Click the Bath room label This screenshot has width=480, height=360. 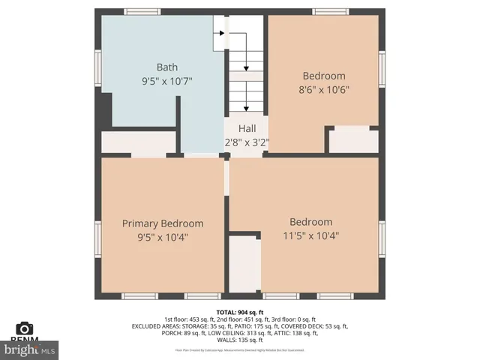coord(167,67)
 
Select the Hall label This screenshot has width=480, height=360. coord(247,129)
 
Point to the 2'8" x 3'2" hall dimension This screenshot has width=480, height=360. coord(247,142)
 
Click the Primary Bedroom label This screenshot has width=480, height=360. coord(163,223)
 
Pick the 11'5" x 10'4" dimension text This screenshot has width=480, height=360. coord(310,235)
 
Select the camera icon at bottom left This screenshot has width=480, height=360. coord(25,328)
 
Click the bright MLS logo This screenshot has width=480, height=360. coord(30,349)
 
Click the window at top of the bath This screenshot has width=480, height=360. coord(142,11)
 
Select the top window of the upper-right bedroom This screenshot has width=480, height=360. coord(331,11)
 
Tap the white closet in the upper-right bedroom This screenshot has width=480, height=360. coord(353,141)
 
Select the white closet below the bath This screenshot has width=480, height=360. coord(139,142)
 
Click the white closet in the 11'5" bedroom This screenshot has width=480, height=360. coord(244,262)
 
